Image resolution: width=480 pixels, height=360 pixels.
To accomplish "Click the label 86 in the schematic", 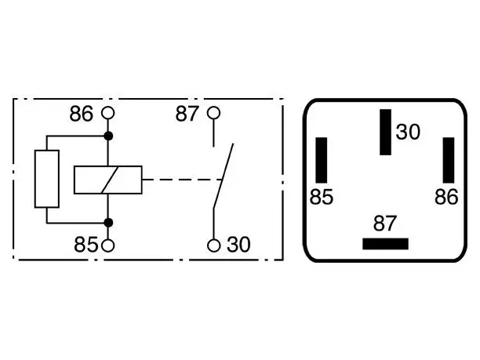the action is [81, 114].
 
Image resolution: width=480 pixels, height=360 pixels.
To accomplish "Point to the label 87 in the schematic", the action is [187, 114].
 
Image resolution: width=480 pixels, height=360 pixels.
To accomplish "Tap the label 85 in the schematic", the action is [85, 245].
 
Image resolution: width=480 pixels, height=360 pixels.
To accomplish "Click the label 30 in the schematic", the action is [238, 245].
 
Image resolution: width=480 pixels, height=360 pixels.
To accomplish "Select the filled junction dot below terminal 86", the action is [108, 136].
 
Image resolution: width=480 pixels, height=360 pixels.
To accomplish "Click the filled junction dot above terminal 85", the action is [108, 223].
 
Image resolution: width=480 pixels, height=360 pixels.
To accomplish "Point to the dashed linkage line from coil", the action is [182, 180].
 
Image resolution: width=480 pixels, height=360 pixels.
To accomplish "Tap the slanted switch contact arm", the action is [224, 176].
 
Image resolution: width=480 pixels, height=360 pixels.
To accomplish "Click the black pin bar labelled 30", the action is [385, 132].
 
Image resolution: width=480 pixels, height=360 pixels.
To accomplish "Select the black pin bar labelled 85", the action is [322, 160].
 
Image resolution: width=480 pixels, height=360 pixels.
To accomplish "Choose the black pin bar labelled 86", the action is [449, 160].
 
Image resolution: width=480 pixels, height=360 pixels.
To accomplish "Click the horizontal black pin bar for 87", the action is [385, 244].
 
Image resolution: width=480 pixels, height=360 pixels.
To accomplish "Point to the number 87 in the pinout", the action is [385, 224].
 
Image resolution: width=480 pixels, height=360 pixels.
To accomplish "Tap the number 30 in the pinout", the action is [408, 133].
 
